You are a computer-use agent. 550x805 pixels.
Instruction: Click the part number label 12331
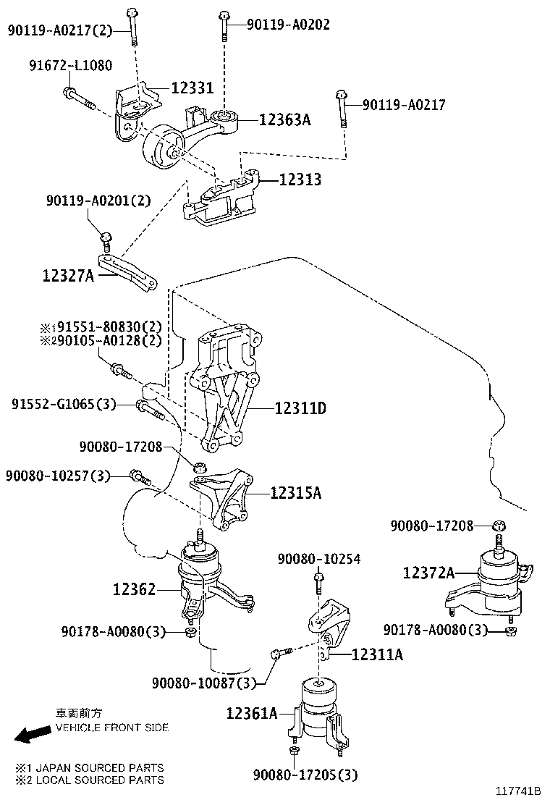(192, 88)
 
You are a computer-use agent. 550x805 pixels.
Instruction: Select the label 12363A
(284, 120)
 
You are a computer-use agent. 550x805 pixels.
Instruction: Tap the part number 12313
(298, 180)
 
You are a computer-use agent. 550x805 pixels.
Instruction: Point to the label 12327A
(68, 275)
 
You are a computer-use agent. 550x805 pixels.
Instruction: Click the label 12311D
(300, 409)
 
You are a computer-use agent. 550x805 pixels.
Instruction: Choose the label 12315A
(296, 493)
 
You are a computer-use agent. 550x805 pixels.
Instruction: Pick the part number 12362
(134, 590)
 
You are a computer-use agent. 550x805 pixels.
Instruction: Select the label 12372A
(428, 573)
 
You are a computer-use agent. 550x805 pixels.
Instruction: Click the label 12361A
(252, 714)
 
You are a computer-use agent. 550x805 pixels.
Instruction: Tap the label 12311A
(377, 655)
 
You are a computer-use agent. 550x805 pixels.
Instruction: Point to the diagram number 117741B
(518, 792)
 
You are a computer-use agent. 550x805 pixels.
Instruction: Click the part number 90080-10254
(319, 560)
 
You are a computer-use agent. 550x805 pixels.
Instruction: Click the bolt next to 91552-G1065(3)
(150, 410)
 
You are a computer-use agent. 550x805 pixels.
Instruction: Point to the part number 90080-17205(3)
(305, 775)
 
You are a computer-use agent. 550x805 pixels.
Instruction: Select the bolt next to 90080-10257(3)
(139, 477)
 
